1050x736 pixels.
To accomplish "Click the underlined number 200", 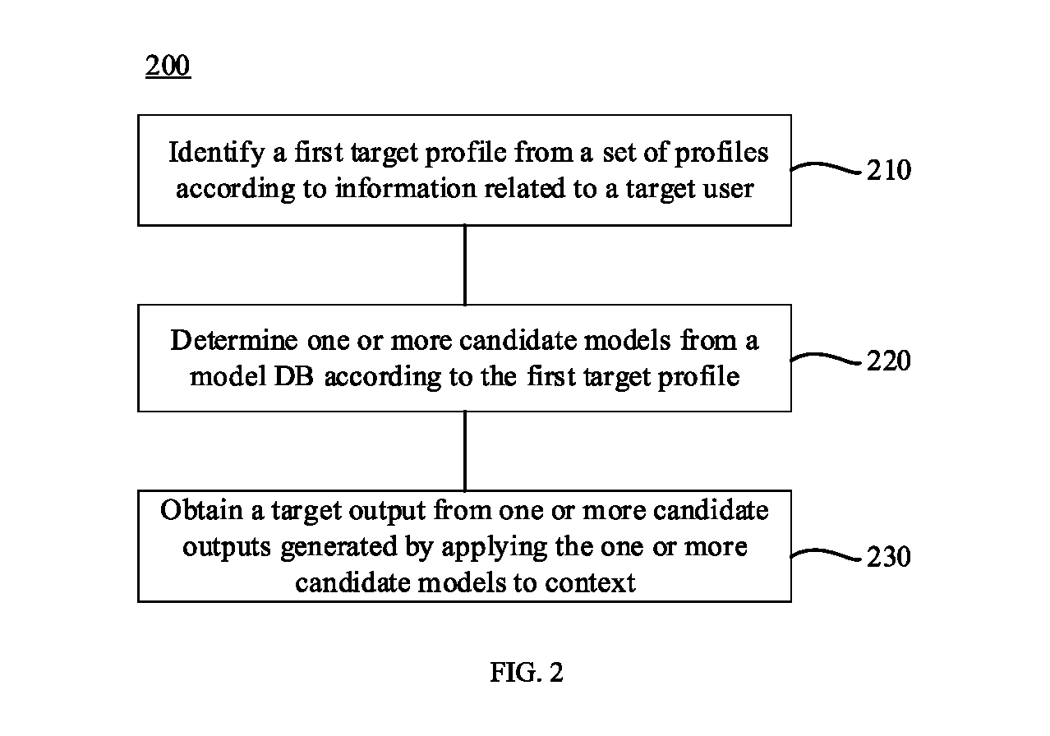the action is (168, 65).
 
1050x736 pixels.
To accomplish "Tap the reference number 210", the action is (889, 170).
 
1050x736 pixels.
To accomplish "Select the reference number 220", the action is (889, 361).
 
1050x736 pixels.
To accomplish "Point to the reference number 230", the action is (889, 556).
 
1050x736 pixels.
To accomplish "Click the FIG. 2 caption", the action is (527, 672).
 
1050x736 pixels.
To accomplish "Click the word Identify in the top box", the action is (217, 153).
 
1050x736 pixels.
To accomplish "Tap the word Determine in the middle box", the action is (234, 340).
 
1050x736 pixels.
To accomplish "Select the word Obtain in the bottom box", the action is (201, 510).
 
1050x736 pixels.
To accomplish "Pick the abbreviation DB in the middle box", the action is (293, 376).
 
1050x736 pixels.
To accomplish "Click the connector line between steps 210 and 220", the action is (464, 265).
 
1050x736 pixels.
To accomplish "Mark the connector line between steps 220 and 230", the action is (464, 451).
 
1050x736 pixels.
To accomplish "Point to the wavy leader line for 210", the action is (826, 167).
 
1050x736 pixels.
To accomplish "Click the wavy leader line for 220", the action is (826, 359).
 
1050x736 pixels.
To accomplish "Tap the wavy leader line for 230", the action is (826, 554).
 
